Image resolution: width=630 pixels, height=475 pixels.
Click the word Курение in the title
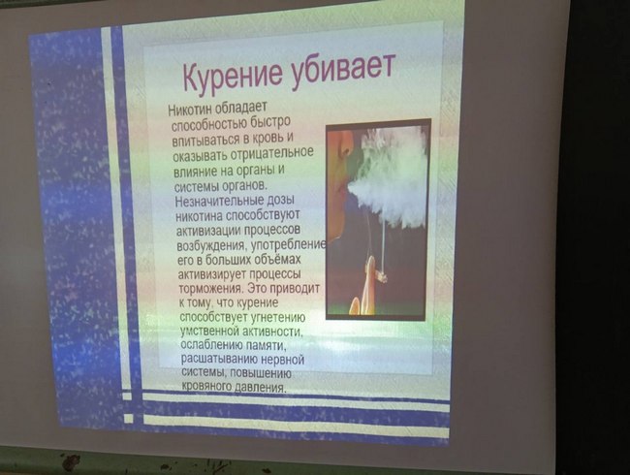click(x=234, y=76)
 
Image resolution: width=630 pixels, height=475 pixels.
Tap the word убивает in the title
click(x=343, y=69)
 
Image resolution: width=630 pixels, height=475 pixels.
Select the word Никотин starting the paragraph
click(x=190, y=110)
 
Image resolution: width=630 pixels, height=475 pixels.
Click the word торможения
click(x=210, y=289)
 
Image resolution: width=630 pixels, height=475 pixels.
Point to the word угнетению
click(x=278, y=317)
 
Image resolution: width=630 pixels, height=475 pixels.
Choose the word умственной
click(x=210, y=332)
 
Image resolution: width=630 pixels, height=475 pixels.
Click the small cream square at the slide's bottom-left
click(x=129, y=419)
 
